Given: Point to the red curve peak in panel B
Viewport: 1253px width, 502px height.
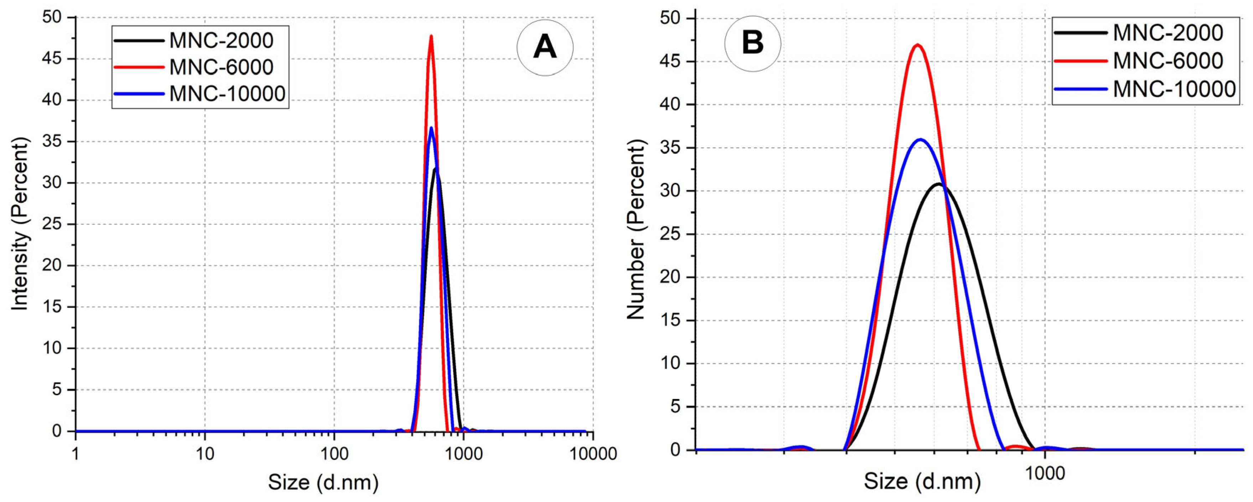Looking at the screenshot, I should [917, 45].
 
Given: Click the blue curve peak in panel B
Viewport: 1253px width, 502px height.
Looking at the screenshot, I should [920, 140].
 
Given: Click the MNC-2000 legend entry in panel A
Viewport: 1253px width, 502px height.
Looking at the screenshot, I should [221, 40].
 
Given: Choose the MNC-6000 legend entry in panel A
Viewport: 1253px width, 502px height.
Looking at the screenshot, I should [221, 67].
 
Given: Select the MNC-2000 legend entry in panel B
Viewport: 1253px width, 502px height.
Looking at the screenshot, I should [1168, 33].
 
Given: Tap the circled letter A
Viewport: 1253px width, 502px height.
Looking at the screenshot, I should [545, 48].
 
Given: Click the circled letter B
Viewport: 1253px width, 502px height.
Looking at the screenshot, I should [752, 43].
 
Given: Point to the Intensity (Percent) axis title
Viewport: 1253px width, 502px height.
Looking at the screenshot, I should [20, 223].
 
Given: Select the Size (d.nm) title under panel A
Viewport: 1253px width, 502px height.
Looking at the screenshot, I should [323, 482].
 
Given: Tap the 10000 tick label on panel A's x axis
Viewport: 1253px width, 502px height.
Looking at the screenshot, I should [593, 454].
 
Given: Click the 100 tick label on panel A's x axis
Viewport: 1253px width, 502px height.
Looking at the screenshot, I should [334, 454].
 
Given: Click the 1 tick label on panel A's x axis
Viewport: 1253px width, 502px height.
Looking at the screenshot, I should [76, 454].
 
